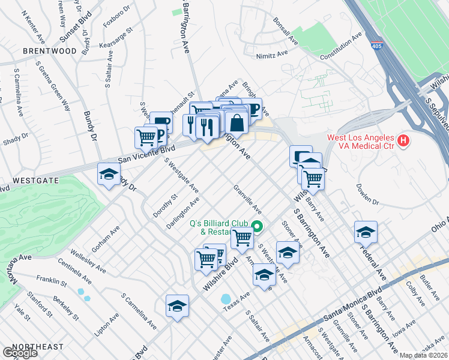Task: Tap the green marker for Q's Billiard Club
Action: click(257, 226)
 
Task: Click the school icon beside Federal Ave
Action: click(366, 232)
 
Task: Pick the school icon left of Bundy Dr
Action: click(108, 175)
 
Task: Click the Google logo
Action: click(19, 353)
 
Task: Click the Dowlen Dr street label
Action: click(368, 195)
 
